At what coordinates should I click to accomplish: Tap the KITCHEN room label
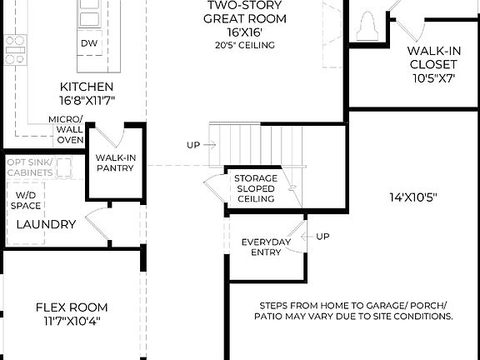tap(86, 87)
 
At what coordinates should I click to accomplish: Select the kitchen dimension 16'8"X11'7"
tap(86, 100)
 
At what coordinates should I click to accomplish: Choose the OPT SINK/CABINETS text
tap(30, 167)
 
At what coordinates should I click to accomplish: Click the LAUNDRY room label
tap(46, 224)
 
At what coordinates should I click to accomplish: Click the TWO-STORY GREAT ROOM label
tap(246, 12)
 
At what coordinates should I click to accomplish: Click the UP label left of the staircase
tap(193, 145)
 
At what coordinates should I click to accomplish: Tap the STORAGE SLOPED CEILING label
tap(255, 189)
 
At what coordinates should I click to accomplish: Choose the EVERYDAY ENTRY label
tap(265, 247)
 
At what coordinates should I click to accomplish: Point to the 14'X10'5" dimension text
tap(413, 197)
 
